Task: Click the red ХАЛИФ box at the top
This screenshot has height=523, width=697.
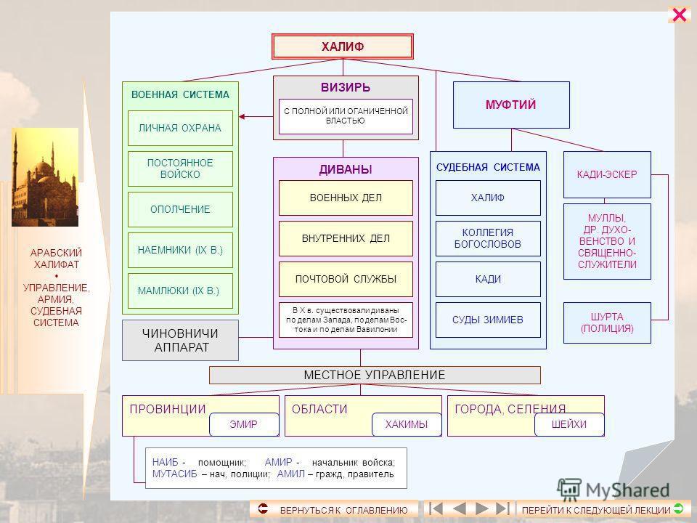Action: pos(343,46)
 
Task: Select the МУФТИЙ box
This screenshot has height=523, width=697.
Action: pos(511,105)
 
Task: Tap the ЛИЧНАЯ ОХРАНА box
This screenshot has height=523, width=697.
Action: pos(180,129)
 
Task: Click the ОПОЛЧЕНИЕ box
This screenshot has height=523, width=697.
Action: pos(180,210)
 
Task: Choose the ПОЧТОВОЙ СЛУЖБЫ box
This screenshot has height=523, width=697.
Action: pos(346,280)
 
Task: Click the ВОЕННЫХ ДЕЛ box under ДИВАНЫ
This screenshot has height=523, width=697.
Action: pos(346,198)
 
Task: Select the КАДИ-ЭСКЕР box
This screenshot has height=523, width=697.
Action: pos(607,175)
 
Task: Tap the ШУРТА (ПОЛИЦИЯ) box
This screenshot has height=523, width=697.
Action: pos(607,323)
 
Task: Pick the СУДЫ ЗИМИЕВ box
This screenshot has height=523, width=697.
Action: pos(488,320)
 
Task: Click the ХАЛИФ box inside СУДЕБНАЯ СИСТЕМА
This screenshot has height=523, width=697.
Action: pos(488,198)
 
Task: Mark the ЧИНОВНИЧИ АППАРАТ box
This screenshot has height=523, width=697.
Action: pos(180,340)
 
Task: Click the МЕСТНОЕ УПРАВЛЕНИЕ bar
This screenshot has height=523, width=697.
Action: pos(375,375)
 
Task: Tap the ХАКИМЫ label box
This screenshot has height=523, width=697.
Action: pos(407,423)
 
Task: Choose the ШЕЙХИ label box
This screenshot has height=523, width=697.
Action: pos(568,423)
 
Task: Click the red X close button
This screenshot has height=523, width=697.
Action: pos(680,15)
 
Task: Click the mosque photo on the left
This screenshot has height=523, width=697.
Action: pos(45,178)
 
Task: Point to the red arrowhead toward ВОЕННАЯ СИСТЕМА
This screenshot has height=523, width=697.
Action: pos(243,116)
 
